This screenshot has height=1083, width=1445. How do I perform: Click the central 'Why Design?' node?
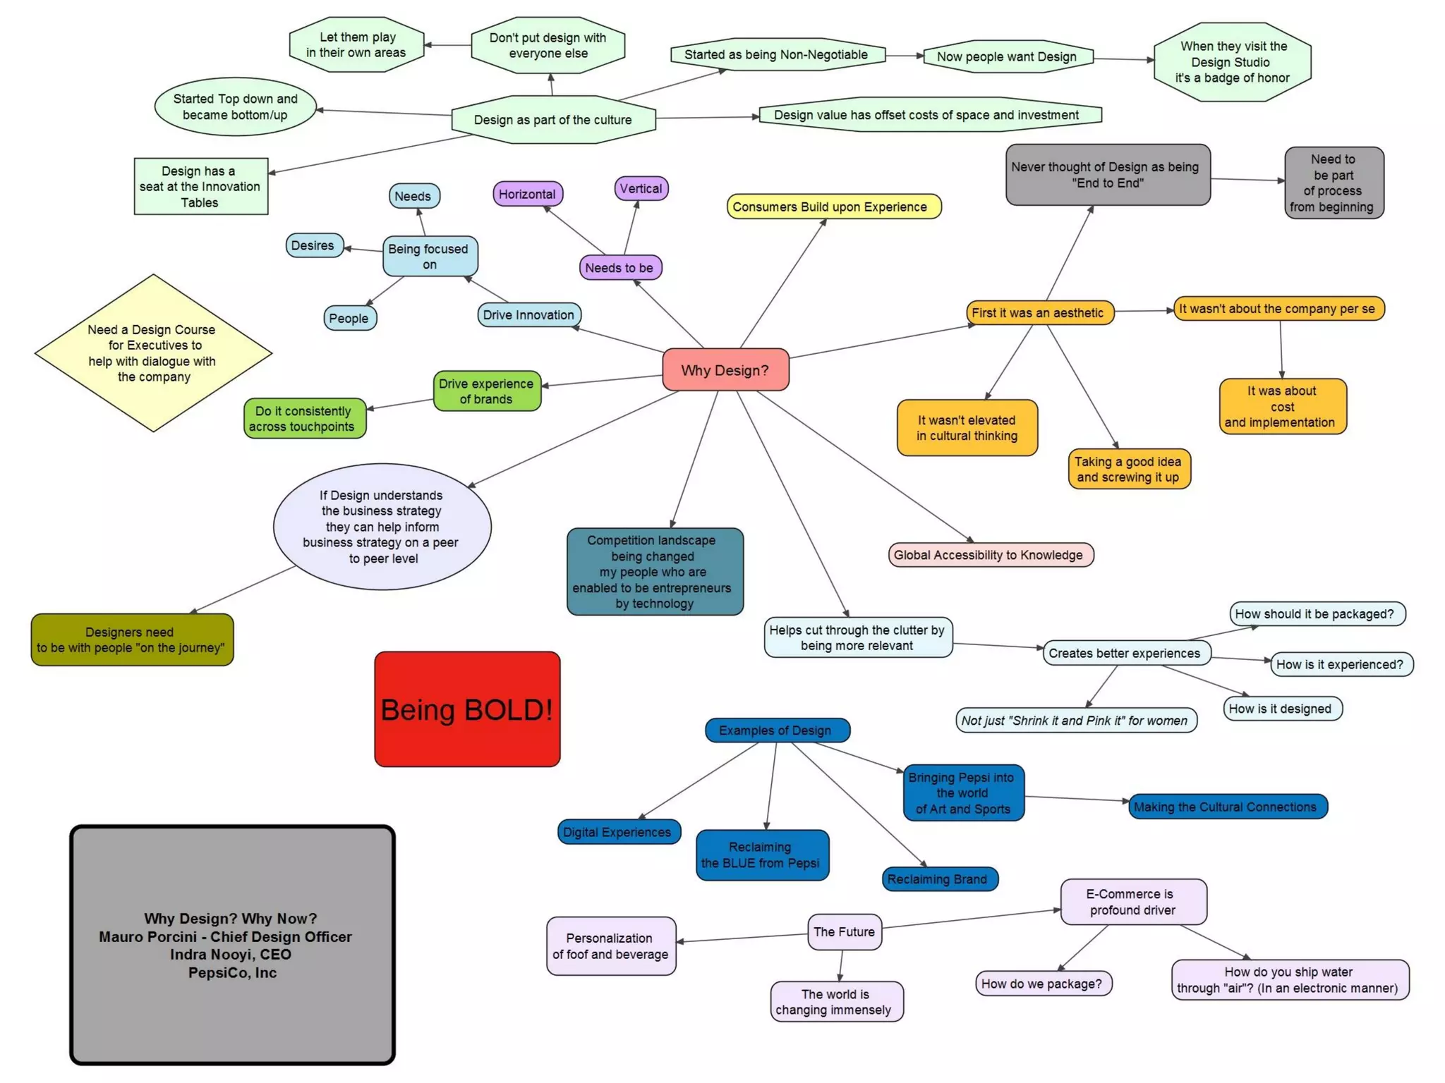(725, 369)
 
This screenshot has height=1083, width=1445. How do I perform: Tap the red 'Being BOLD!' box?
(467, 709)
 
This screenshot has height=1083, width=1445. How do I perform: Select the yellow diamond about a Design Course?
(153, 353)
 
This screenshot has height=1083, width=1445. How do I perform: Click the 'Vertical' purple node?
(641, 188)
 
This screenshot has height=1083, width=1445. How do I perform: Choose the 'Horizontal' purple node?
(527, 194)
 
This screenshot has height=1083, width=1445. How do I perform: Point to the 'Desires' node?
(313, 245)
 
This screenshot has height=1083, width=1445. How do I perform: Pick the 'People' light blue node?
(349, 318)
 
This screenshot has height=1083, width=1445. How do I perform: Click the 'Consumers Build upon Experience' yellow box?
(833, 207)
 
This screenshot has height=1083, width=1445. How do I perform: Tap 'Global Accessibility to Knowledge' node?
(989, 555)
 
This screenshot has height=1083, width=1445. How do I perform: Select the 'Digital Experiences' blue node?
(618, 832)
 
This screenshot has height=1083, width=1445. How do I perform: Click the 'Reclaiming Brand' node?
(938, 879)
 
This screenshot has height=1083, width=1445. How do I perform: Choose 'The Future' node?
(844, 932)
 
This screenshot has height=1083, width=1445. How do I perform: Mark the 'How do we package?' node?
(1042, 984)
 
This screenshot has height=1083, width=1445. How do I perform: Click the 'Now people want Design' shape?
(1007, 56)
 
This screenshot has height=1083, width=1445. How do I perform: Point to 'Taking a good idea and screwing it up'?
(1128, 470)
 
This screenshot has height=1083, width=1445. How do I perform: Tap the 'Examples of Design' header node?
(776, 730)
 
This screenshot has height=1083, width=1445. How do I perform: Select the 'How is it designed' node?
(1281, 709)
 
